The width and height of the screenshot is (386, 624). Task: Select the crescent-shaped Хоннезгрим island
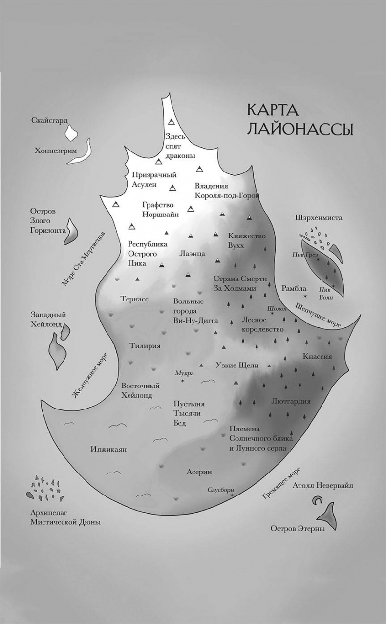click(x=86, y=150)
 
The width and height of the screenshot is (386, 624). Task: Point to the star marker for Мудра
click(x=182, y=381)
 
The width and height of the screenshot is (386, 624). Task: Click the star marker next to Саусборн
click(x=232, y=496)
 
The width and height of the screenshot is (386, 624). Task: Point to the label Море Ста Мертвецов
click(x=84, y=257)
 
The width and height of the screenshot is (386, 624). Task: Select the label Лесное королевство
click(x=262, y=324)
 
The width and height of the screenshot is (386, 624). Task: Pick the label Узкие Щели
click(x=237, y=365)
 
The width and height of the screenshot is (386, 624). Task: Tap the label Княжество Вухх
click(x=246, y=240)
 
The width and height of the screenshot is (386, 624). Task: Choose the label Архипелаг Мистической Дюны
click(x=64, y=517)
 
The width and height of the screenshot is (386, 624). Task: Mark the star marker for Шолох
click(x=272, y=313)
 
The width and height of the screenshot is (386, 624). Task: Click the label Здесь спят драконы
click(x=180, y=146)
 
